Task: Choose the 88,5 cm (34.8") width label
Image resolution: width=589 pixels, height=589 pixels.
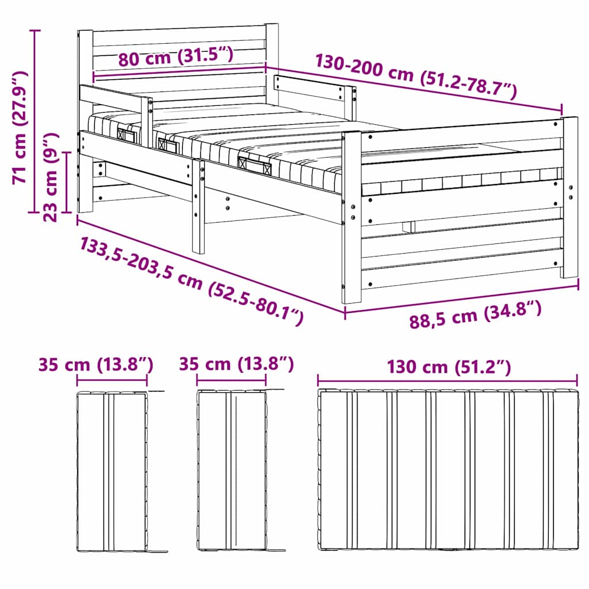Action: [x=475, y=316]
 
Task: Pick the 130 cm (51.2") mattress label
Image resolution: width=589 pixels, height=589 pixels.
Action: [x=448, y=366]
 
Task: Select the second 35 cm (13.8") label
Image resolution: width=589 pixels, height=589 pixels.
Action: [x=236, y=364]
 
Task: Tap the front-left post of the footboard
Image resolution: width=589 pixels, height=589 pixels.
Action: [x=351, y=219]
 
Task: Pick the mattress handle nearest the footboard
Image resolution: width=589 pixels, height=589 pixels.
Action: [x=254, y=165]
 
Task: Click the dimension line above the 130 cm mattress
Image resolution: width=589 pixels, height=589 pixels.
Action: [x=448, y=380]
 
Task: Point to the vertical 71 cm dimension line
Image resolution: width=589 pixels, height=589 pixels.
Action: [x=36, y=121]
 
